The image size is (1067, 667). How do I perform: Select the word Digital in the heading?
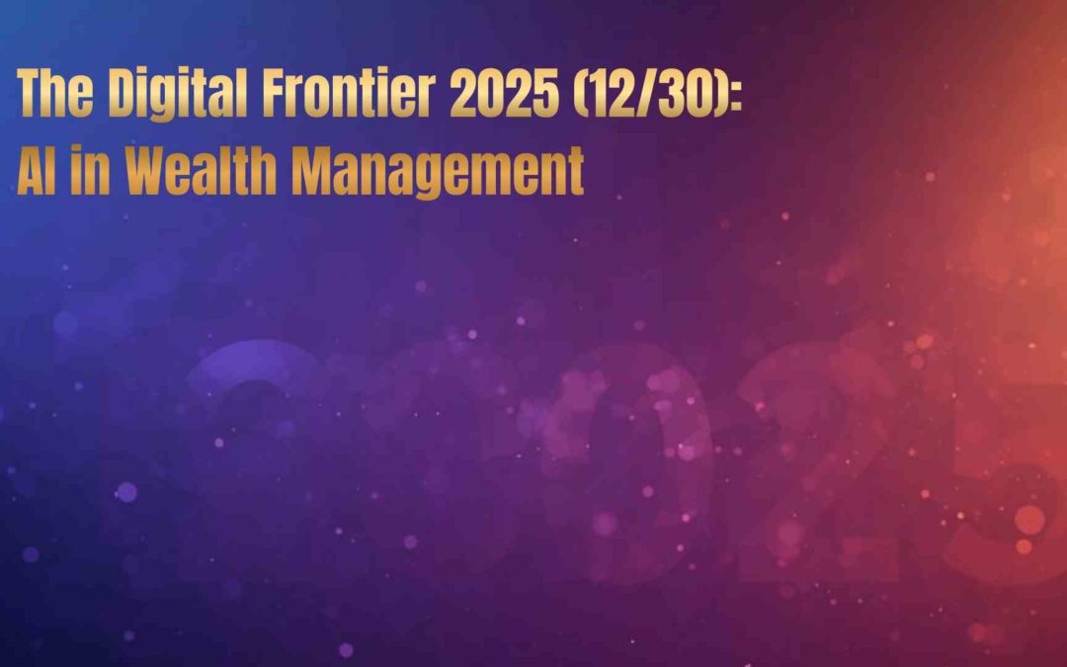point(178,95)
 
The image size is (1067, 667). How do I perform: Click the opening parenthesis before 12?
point(581,94)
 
